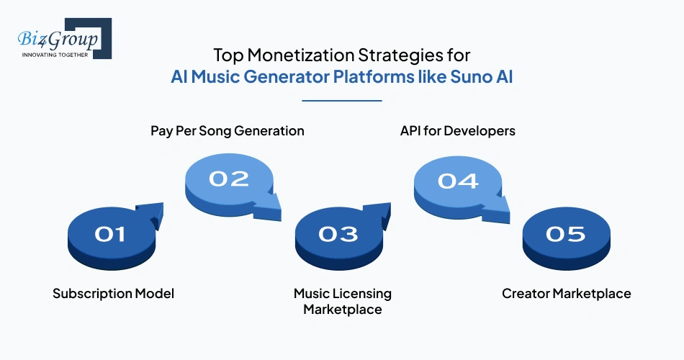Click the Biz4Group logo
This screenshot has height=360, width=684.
tap(61, 38)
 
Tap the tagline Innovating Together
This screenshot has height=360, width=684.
tap(55, 54)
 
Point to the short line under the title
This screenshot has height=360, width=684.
tap(342, 101)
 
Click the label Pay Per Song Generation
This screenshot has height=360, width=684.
tap(228, 131)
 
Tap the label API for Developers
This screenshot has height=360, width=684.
tap(457, 131)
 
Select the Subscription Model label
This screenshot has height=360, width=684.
tap(113, 294)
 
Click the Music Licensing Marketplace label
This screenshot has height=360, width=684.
tap(342, 301)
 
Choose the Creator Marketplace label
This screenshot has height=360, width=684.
tap(566, 294)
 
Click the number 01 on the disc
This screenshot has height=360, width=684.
tap(110, 234)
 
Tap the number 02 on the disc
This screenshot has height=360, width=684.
tap(228, 179)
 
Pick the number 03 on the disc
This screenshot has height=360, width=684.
tap(338, 234)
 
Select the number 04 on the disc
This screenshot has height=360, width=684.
tap(458, 179)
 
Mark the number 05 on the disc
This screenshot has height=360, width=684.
tap(566, 234)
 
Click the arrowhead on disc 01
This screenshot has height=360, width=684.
tap(152, 212)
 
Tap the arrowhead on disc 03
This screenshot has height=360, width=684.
tap(381, 212)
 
